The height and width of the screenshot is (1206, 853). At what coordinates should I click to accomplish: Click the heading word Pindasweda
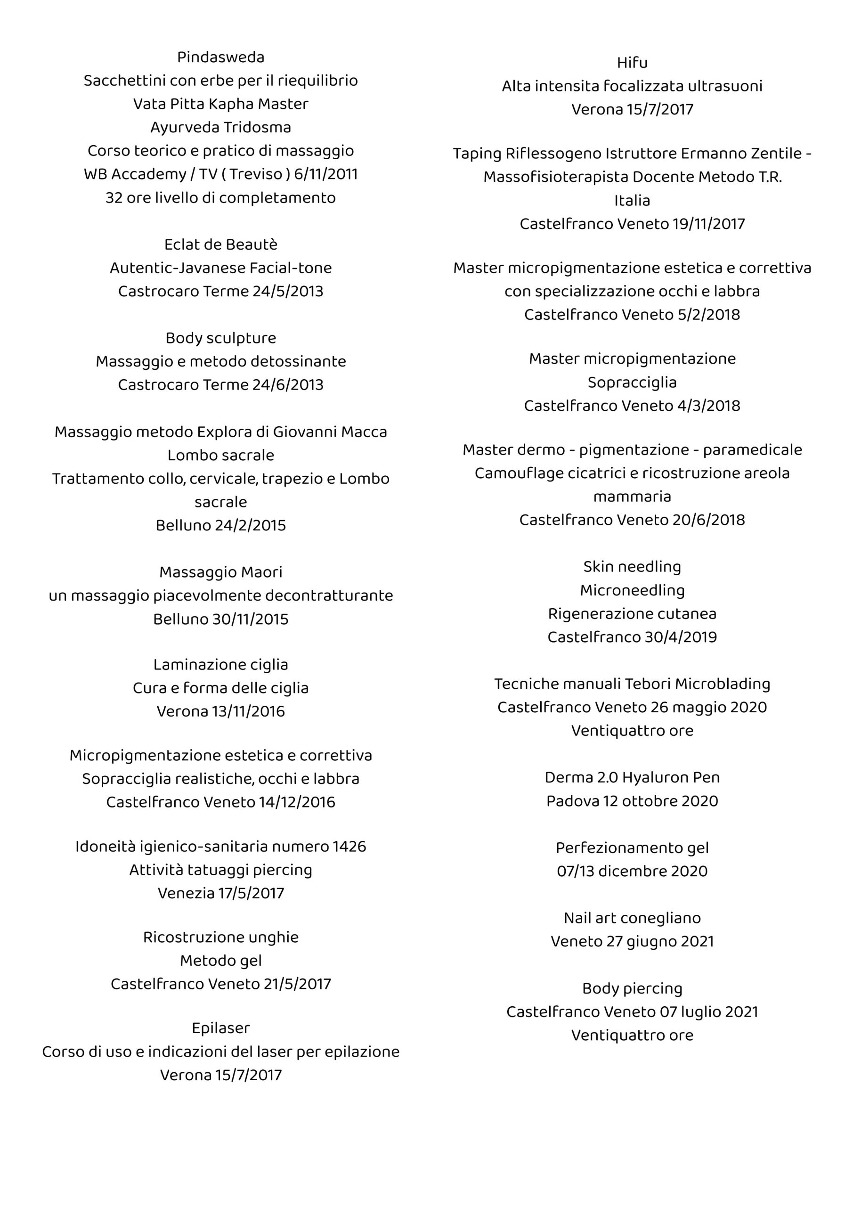(x=220, y=57)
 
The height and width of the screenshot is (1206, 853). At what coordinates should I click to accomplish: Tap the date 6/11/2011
(x=325, y=174)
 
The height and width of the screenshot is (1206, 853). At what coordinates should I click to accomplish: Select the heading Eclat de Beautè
(x=220, y=245)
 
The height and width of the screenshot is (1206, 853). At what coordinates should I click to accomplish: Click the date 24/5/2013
(x=288, y=292)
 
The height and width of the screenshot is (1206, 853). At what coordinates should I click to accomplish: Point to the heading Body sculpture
(x=220, y=338)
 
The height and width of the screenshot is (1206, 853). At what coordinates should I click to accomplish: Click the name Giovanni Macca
(x=330, y=432)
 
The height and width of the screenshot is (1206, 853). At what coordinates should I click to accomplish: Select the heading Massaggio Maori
(x=220, y=572)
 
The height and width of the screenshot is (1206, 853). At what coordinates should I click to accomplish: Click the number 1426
(x=349, y=846)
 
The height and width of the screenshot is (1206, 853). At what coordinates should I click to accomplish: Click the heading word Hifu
(x=632, y=63)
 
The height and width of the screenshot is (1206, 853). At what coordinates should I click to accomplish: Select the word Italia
(x=632, y=201)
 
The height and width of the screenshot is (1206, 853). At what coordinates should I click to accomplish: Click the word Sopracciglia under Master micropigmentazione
(x=632, y=383)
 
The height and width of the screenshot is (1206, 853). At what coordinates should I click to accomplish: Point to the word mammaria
(x=632, y=497)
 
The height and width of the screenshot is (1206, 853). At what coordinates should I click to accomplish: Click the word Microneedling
(x=632, y=590)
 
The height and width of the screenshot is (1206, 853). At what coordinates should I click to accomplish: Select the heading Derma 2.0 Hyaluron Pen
(x=632, y=777)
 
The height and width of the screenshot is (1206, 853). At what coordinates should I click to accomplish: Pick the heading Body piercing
(x=632, y=988)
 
